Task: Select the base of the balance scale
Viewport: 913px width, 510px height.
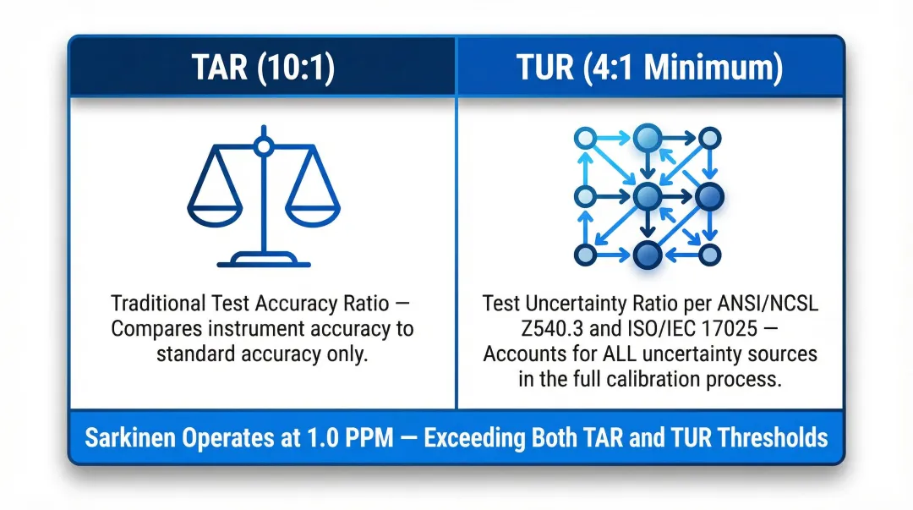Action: [x=263, y=258]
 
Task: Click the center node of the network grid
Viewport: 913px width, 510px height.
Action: [x=647, y=196]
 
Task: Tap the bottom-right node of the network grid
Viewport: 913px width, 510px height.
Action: [x=709, y=254]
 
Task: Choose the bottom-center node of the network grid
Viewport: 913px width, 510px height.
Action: [x=647, y=254]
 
